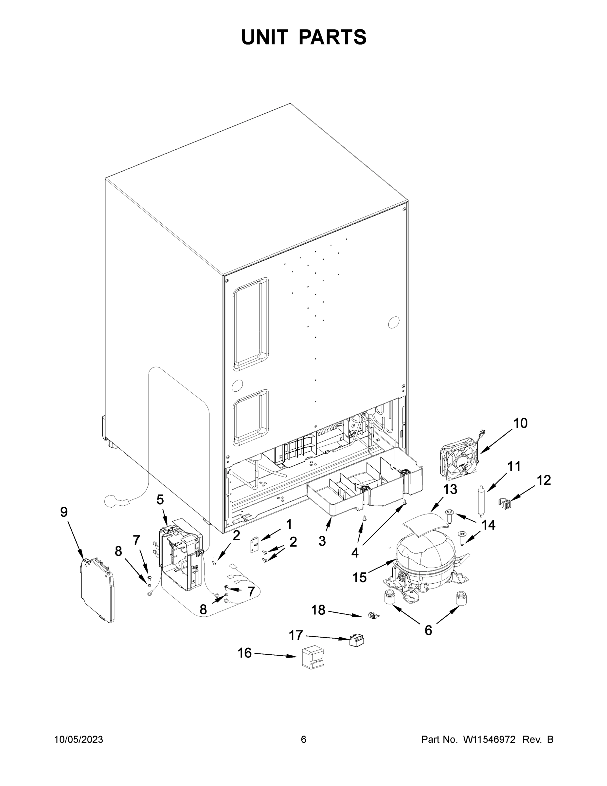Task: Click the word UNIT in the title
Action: (x=265, y=37)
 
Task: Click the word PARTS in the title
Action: (x=333, y=37)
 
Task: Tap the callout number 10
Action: (x=520, y=423)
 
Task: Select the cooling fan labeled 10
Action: (x=460, y=458)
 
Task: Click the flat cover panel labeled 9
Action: (x=97, y=590)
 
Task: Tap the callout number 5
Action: (x=160, y=499)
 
